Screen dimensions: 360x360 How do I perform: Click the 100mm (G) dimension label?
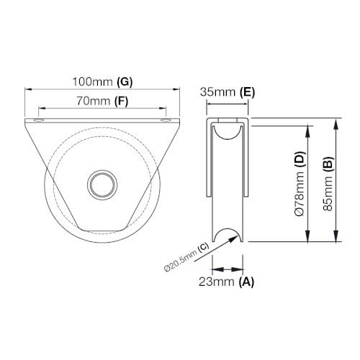(102, 82)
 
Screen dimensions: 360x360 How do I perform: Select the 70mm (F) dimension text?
(102, 101)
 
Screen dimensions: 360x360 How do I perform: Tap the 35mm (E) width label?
(228, 92)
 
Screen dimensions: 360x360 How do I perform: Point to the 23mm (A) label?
(226, 282)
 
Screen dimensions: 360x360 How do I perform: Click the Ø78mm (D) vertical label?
(300, 184)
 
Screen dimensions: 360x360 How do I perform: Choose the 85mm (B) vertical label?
(328, 184)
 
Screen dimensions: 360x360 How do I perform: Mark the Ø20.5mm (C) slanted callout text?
(186, 257)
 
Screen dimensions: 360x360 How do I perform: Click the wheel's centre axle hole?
(102, 184)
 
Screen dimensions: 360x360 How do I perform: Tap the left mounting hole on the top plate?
(39, 120)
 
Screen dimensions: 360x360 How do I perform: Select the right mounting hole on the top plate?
(166, 120)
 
